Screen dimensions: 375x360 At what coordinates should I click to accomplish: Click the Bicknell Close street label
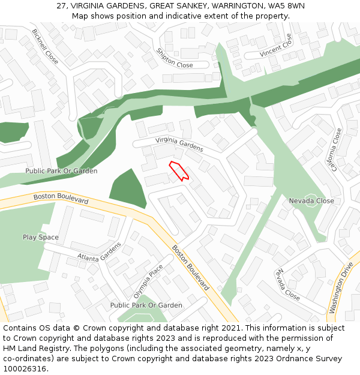[45, 47]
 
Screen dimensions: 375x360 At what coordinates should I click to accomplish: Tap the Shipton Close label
[175, 58]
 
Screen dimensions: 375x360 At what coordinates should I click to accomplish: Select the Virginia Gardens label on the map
[179, 145]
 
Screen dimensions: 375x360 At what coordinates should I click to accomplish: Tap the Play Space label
[41, 237]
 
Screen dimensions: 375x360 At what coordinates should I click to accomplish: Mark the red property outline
[179, 170]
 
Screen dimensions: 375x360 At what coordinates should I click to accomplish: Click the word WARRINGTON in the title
[231, 5]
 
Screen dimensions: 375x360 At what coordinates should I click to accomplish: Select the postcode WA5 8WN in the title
[285, 5]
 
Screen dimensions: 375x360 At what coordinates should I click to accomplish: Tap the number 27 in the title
[61, 5]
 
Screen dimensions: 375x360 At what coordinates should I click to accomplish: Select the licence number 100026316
[25, 369]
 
